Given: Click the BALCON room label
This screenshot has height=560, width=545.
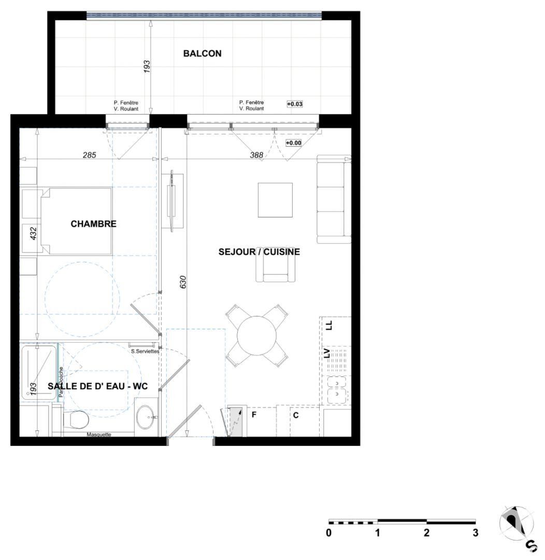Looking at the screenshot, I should tap(202, 53).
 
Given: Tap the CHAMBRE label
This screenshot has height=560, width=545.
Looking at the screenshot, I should tap(93, 224).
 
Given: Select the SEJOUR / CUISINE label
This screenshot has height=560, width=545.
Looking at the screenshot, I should tap(259, 252).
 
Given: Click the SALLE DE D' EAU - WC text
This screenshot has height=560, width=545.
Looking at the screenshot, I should tap(98, 386).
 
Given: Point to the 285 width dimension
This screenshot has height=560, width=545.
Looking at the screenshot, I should tap(89, 155).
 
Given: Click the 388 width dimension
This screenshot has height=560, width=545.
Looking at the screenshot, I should tap(256, 155).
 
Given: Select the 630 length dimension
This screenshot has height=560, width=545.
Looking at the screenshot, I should tap(182, 282).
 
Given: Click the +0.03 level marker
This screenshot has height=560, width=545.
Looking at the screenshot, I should tap(294, 104).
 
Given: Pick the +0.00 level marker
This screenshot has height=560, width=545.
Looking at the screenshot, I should tap(293, 143).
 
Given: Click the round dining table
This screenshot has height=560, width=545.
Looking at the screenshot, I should tap(257, 335).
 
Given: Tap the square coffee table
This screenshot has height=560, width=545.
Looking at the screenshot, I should tap(275, 200).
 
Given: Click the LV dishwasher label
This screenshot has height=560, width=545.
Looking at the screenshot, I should tap(327, 354).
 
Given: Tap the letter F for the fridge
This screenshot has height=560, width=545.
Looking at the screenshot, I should tap(254, 415).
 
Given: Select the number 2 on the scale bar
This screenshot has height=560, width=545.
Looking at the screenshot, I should tap(426, 533).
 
